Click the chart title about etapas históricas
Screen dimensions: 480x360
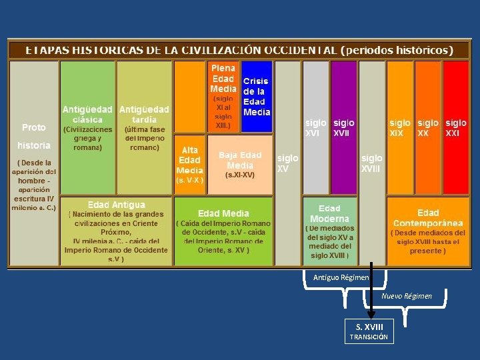[x=239, y=50]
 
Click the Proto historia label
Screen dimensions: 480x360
[x=34, y=135]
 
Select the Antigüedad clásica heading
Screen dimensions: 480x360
[x=88, y=114]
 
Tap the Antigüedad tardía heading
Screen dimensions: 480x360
[x=144, y=114]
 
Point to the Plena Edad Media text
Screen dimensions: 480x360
[x=223, y=78]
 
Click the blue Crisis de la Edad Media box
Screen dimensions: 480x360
[x=257, y=97]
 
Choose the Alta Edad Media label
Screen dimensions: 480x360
[x=189, y=161]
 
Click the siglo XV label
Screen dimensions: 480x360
[x=288, y=163]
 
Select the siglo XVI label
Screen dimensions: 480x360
[x=315, y=128]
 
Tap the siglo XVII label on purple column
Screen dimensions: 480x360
[x=343, y=128]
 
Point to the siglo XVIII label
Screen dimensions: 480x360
[x=371, y=163]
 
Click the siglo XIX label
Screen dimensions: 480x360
[x=400, y=128]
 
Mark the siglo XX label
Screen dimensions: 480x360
[x=428, y=128]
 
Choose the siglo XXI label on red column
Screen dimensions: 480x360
[x=456, y=128]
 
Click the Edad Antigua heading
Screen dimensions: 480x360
[x=116, y=205]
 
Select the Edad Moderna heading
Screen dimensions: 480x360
[x=329, y=213]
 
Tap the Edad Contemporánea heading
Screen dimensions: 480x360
[x=428, y=217]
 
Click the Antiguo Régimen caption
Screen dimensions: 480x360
[x=341, y=277]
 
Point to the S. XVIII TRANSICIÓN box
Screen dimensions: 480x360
[x=369, y=331]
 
